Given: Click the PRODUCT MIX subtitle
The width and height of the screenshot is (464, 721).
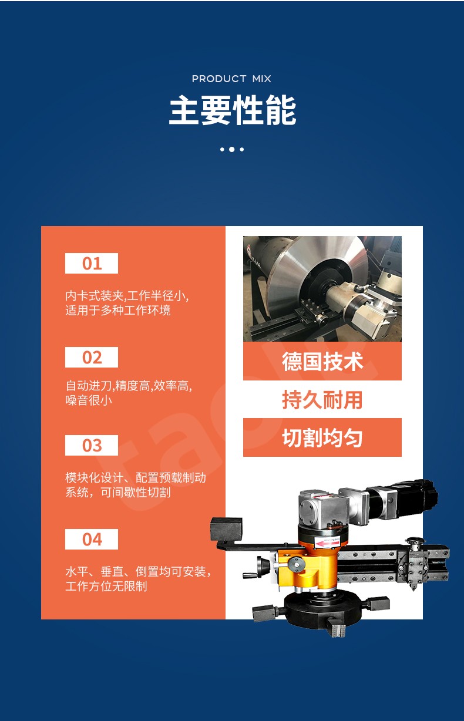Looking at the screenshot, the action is pos(231,79).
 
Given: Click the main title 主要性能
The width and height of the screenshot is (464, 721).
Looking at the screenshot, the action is pos(232,110).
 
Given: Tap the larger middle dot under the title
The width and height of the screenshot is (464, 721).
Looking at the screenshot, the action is pos(231,149).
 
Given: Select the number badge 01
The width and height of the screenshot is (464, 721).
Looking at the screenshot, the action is pos(92,263).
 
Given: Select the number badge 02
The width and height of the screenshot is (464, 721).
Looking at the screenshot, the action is pos(92,358).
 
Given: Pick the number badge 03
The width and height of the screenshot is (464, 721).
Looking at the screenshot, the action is pos(92,445).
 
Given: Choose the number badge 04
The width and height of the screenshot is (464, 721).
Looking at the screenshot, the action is pos(92,539).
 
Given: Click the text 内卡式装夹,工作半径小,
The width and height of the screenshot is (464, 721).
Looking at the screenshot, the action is pos(127,295).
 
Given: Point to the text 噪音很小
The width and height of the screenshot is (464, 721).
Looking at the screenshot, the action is pos(89,400).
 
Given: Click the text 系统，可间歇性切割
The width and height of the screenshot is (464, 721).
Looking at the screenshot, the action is pos(118,492).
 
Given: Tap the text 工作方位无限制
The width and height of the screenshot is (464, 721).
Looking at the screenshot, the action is pos(106,586).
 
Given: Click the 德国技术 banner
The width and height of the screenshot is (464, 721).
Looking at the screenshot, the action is pos(322,361).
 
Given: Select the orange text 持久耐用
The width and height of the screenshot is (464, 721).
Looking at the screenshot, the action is pos(322,400).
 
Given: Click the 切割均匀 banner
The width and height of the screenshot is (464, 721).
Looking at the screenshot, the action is pos(322,437).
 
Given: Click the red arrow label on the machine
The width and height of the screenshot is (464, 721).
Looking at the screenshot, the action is pos(327,544).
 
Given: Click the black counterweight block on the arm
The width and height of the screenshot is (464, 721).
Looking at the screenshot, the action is pos(226,530).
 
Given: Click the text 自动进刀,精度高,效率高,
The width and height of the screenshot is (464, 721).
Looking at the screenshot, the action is pos(129,386).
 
